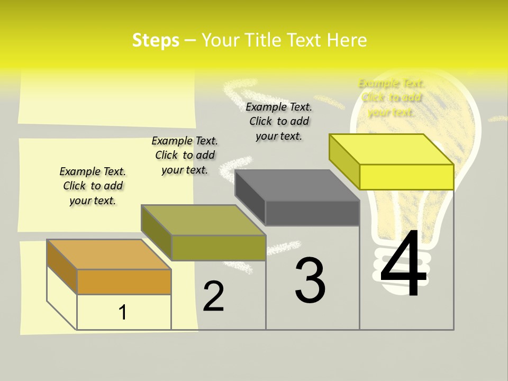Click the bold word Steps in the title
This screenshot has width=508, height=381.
click(156, 40)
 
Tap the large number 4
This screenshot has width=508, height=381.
click(404, 264)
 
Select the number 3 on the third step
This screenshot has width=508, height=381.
click(310, 280)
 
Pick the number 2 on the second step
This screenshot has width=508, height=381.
click(214, 296)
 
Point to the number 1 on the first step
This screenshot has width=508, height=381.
click(123, 312)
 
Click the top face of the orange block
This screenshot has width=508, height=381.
click(109, 255)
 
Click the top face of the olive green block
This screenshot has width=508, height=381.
click(203, 220)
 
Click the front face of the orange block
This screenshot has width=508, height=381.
click(124, 282)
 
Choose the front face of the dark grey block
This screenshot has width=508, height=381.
click(312, 213)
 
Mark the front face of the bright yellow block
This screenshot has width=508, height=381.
click(406, 177)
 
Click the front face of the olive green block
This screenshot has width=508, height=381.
click(219, 248)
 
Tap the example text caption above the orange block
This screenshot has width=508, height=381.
click(93, 186)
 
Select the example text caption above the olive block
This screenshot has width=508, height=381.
click(185, 156)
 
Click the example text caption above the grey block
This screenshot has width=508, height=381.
click(279, 121)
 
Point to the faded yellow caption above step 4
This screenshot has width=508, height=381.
click(391, 97)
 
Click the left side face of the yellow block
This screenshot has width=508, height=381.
click(344, 161)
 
